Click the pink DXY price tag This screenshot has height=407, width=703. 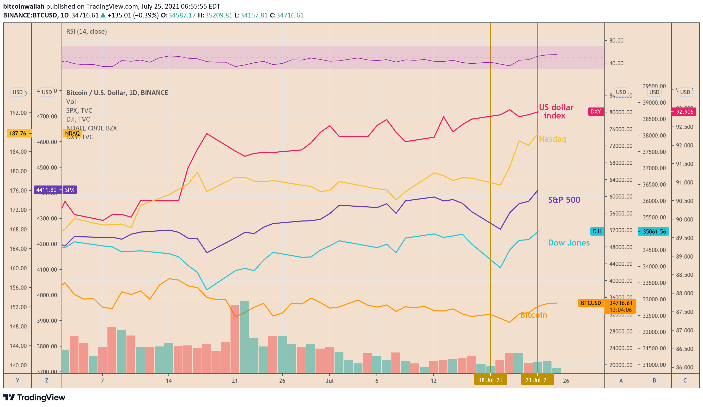coord(595,112)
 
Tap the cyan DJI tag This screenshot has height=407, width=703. coord(597,231)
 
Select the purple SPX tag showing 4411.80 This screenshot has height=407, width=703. coord(56,190)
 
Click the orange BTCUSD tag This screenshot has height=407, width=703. coord(591,303)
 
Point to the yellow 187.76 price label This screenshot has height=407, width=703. coord(18,133)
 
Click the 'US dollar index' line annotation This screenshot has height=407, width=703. coord(556,111)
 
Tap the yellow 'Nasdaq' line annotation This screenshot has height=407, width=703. coord(552,139)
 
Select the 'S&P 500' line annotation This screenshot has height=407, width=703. coord(564,200)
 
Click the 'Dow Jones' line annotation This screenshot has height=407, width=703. coord(568,243)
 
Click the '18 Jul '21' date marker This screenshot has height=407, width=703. coord(490,380)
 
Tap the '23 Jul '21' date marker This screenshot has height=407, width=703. coord(537,380)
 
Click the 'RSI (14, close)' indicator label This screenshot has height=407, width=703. coord(87,31)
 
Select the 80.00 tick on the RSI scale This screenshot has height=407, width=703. coord(616,40)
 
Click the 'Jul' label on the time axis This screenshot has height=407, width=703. coord(329,380)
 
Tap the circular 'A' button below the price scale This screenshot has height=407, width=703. coord(621,380)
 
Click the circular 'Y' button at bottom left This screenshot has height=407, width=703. coord(17,380)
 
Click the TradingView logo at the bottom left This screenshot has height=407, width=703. coord(34,397)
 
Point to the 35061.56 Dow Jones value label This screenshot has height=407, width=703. coord(654,231)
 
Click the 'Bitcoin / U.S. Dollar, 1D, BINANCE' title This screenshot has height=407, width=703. coord(117,93)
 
